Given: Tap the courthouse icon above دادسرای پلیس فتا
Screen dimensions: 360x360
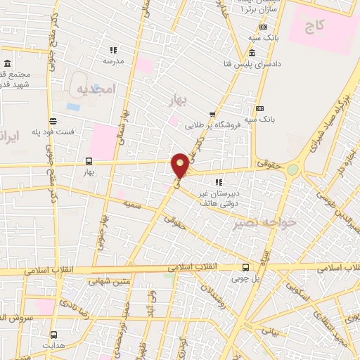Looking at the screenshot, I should point(252,53).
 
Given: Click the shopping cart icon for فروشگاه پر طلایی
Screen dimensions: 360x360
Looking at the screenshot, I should point(212,115).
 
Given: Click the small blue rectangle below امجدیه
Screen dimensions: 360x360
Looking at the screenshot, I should point(73,107).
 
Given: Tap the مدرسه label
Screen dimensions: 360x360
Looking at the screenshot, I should point(113,60).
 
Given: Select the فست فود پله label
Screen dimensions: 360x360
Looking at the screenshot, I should point(52,131).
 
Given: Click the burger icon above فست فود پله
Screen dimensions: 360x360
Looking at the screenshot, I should point(52,121).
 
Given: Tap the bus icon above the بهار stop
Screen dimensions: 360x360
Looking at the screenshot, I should point(89,161).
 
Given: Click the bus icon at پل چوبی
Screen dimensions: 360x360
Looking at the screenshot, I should point(245,267).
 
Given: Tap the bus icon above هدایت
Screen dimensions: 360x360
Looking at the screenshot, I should point(53,336).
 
